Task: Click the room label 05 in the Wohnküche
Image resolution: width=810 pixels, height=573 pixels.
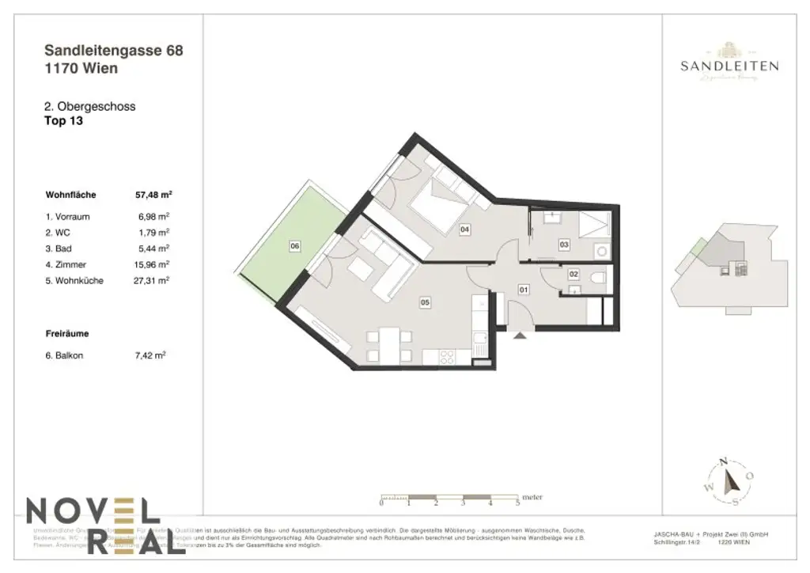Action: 425,302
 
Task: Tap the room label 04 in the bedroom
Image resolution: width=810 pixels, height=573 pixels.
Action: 464,230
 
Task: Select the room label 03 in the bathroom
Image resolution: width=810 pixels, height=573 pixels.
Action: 564,245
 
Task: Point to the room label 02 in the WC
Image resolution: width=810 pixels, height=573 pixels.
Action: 574,275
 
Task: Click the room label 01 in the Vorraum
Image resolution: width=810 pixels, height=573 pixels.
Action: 523,290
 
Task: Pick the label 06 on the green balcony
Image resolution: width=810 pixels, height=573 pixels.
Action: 294,247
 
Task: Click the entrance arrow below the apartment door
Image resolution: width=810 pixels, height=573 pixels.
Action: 519,336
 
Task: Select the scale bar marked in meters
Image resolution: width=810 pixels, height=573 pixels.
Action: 449,500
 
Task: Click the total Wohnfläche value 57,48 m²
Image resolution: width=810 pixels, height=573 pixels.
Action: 154,194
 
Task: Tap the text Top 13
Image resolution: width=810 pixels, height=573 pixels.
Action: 64,122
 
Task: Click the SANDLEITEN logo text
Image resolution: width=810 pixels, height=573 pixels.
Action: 729,66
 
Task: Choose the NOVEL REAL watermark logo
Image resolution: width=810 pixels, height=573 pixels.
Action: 95,525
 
